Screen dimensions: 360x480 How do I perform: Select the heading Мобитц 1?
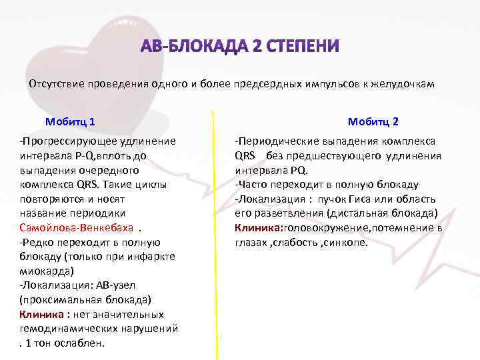69,122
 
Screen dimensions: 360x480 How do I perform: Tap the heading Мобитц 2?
373,122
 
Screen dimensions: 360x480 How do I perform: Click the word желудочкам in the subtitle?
407,84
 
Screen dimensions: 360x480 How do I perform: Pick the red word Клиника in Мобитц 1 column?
40,314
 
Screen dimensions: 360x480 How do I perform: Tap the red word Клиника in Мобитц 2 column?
258,228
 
